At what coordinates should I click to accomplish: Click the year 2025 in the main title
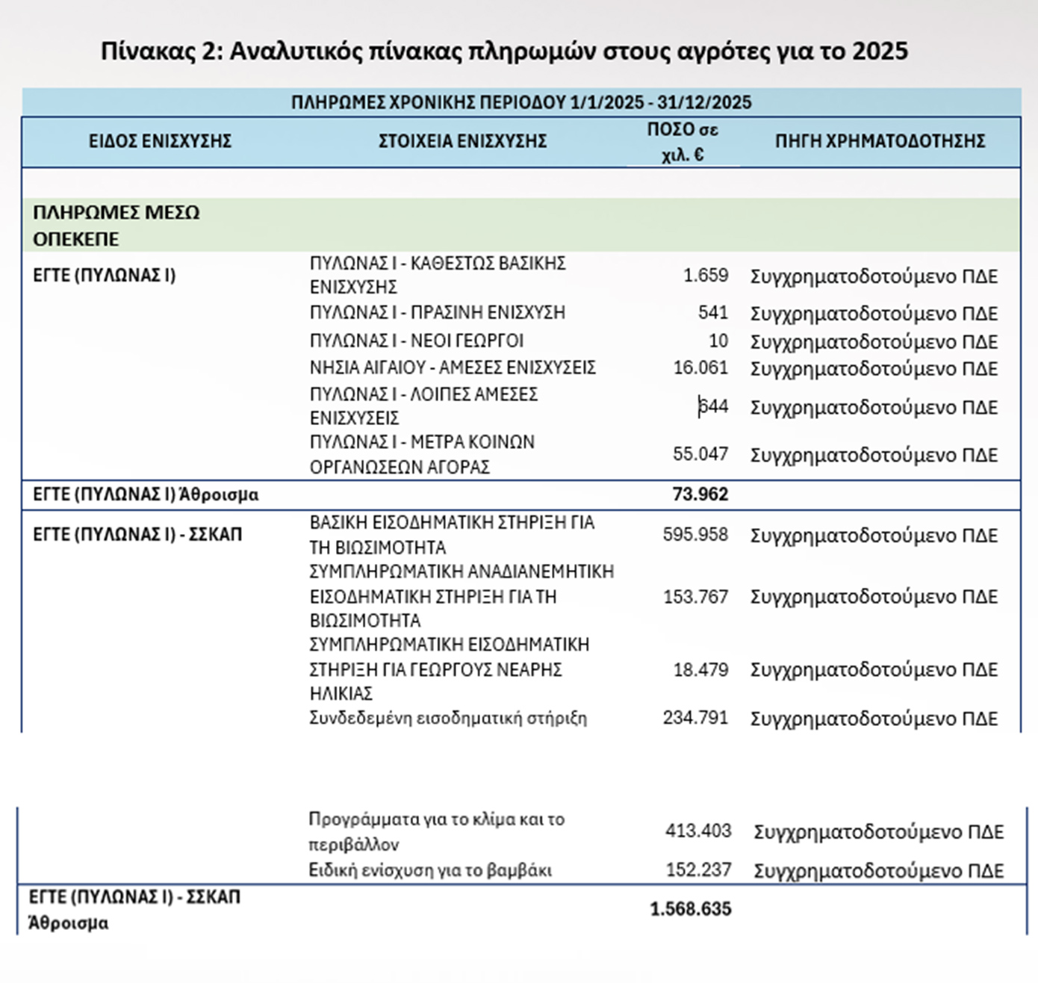coord(880,51)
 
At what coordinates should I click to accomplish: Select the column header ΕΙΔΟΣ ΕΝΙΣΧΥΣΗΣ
coord(160,141)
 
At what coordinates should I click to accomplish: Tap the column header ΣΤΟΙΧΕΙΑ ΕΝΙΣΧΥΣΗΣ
coord(462,141)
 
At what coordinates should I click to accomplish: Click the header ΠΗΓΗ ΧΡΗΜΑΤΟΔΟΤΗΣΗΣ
coord(880,141)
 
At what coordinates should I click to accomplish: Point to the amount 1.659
coord(705,276)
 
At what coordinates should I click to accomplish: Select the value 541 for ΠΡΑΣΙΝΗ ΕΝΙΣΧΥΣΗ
coord(712,312)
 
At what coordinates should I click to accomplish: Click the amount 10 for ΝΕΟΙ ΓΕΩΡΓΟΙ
coord(718,341)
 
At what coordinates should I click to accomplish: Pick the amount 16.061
coord(700,368)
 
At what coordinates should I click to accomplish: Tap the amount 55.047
coord(700,454)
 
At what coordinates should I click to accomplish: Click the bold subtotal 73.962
coord(700,494)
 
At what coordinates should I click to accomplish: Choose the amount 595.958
coord(694,535)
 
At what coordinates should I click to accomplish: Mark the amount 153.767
coord(694,597)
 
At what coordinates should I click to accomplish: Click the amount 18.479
coord(700,670)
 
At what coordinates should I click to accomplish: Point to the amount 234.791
coord(694,718)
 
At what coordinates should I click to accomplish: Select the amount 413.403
coord(698,831)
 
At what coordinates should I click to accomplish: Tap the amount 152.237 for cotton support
coord(698,870)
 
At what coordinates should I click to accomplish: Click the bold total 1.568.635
coord(690,909)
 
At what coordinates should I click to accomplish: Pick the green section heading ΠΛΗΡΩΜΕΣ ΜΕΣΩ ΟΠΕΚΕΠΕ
coord(116,226)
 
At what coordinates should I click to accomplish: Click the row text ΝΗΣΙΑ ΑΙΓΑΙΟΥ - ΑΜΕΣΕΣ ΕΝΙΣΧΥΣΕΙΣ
coord(453,368)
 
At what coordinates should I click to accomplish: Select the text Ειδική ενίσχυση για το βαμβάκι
coord(430,870)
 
